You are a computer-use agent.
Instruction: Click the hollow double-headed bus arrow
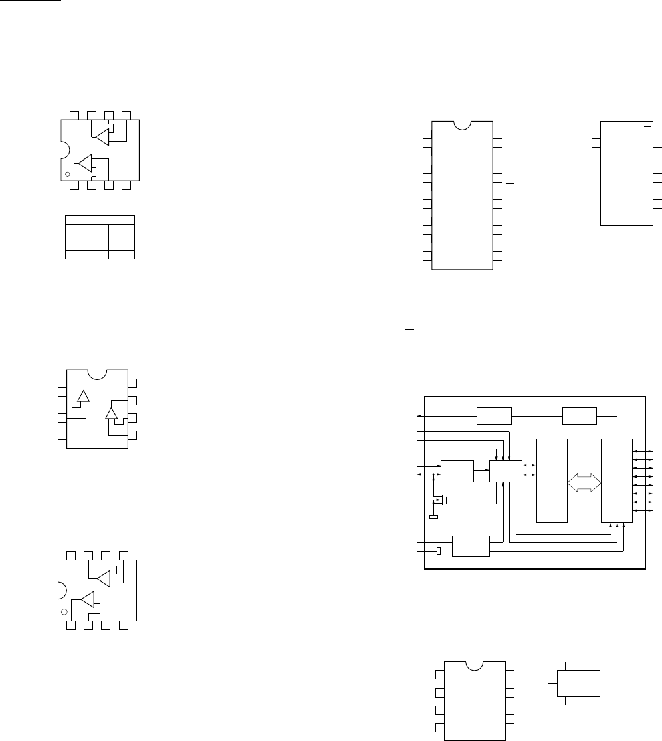point(585,482)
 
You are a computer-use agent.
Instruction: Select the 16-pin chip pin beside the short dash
point(498,185)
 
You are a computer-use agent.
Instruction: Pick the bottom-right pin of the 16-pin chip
point(498,255)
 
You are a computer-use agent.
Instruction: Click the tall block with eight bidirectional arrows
point(617,480)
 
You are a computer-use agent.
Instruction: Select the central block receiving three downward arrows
point(504,470)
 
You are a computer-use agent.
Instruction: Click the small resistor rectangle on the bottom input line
point(438,550)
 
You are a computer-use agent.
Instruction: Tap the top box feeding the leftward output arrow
point(493,415)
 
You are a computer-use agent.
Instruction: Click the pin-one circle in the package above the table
point(68,174)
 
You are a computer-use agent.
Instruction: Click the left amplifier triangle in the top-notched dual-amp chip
point(84,397)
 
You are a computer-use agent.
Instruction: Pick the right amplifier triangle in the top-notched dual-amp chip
point(112,413)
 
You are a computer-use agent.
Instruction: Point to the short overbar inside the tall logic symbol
point(647,125)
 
